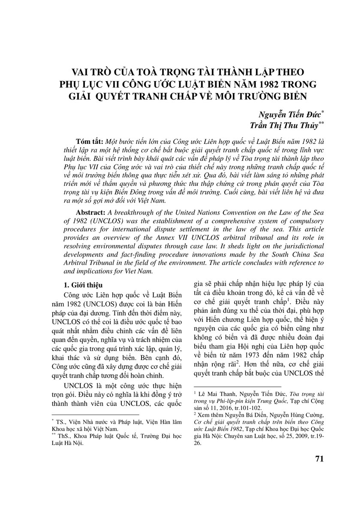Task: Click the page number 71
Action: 319,458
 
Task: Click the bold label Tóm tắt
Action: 89,142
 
